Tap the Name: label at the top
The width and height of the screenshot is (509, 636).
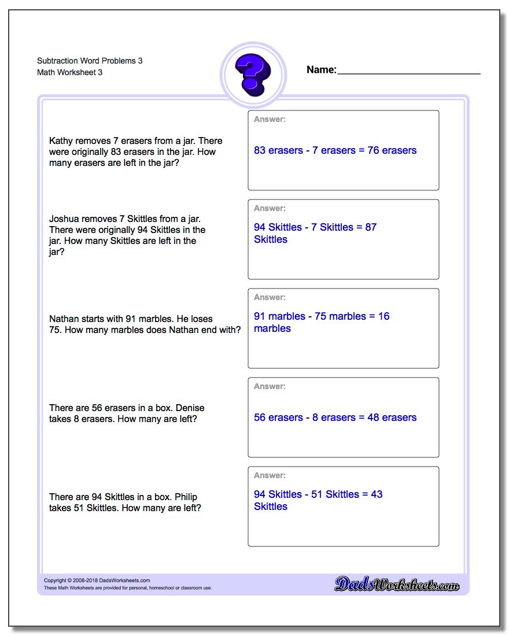(321, 70)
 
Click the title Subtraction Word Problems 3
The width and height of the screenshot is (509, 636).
(90, 61)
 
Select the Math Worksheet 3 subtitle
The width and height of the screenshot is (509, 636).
(70, 72)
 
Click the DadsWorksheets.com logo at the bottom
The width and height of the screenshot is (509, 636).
(397, 585)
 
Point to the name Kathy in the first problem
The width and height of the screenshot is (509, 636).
(61, 141)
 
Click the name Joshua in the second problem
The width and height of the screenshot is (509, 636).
(64, 219)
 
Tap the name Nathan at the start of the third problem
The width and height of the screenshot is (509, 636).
(64, 319)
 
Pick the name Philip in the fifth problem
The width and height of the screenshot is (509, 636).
(186, 497)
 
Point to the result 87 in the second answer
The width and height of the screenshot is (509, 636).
(371, 227)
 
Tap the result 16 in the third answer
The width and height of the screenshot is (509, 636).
(383, 316)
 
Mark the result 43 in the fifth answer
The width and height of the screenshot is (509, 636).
(377, 494)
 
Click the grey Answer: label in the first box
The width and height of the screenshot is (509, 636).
(270, 120)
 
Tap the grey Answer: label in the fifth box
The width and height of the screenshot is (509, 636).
(270, 476)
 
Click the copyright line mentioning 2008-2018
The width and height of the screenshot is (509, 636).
(97, 580)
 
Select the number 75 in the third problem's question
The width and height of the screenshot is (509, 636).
(56, 330)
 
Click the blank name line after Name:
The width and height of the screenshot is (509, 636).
(408, 73)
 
